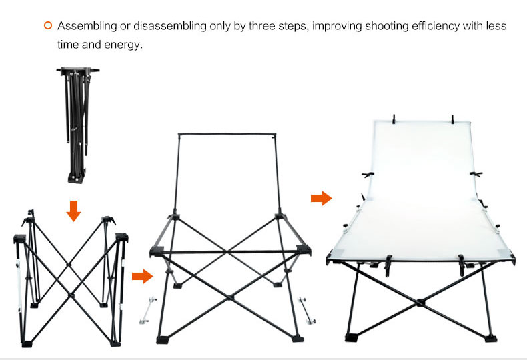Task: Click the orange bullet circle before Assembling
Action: [48, 25]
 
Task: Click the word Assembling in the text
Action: [87, 26]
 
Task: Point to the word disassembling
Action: [169, 26]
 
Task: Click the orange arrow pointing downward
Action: [73, 211]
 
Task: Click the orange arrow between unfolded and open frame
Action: [143, 276]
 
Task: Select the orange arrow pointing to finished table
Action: [322, 198]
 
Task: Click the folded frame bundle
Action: [77, 125]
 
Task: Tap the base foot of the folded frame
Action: [77, 176]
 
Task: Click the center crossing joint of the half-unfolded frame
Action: [71, 295]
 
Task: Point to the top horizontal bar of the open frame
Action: [227, 134]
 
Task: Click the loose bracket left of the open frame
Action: [148, 310]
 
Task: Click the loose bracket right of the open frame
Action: [307, 310]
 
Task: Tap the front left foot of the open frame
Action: [163, 340]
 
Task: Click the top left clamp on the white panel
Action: [394, 119]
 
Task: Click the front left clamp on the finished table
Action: [388, 265]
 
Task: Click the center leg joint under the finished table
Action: [420, 303]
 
